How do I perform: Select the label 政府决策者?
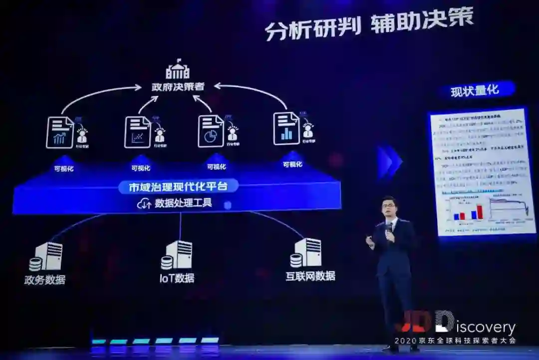pyautogui.click(x=178, y=86)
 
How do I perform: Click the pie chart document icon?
pyautogui.click(x=211, y=131)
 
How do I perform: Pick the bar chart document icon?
pyautogui.click(x=286, y=128)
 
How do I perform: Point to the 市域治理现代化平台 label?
pyautogui.click(x=178, y=187)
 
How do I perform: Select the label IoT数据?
pyautogui.click(x=177, y=278)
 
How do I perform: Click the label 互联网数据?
pyautogui.click(x=310, y=276)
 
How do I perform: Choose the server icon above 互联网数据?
pyautogui.click(x=306, y=253)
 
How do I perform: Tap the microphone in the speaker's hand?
pyautogui.click(x=389, y=228)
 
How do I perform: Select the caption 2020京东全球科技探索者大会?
pyautogui.click(x=455, y=341)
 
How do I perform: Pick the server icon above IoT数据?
pyautogui.click(x=177, y=255)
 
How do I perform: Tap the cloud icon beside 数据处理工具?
pyautogui.click(x=144, y=204)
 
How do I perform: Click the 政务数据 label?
pyautogui.click(x=45, y=280)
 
